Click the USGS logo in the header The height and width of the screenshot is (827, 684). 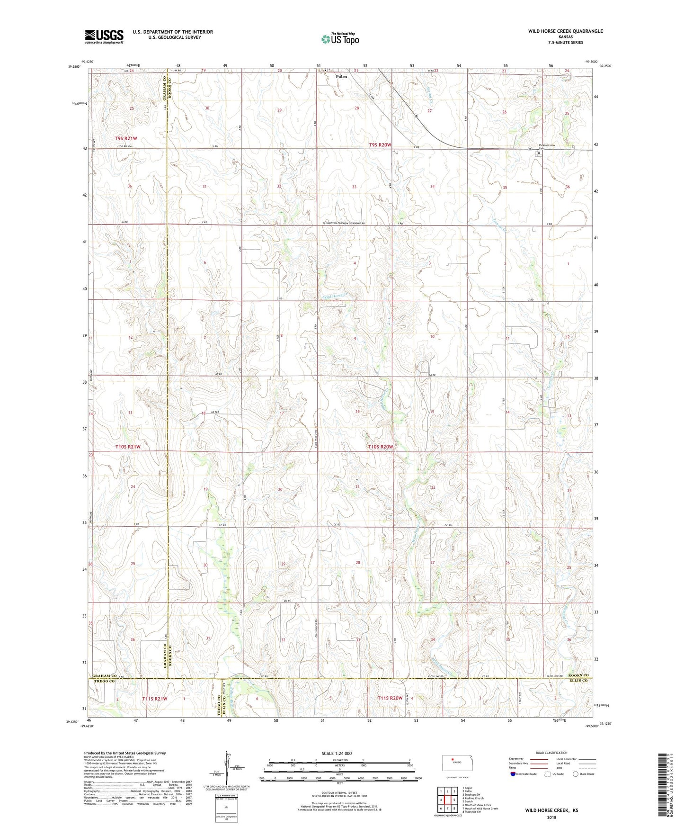click(x=104, y=36)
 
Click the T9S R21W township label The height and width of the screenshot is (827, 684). click(x=125, y=138)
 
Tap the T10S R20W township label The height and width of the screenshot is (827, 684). click(x=381, y=447)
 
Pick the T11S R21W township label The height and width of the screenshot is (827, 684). click(x=154, y=698)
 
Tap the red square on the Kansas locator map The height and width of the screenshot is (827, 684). click(x=453, y=771)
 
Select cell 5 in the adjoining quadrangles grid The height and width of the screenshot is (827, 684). click(x=447, y=800)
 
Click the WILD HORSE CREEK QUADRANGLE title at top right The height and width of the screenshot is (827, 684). click(x=565, y=31)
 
